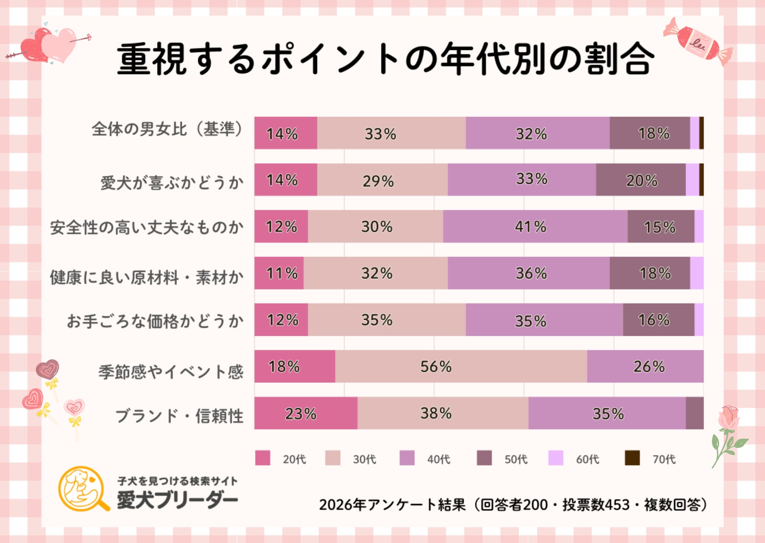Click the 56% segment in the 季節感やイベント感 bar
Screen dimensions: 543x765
461,367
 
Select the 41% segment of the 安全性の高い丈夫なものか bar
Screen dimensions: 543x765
535,226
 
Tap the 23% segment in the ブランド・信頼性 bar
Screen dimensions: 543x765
305,413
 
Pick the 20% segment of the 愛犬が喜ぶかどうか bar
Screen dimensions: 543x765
641,180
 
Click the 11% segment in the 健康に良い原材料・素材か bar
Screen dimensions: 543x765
279,273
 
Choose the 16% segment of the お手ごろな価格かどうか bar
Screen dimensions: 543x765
658,320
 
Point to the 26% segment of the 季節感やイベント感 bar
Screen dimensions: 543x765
645,367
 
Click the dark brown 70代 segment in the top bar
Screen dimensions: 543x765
702,133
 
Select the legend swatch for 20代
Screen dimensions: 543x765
263,458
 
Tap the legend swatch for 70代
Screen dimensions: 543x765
632,458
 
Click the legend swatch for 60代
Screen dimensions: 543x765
556,458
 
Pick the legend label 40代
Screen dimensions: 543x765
439,459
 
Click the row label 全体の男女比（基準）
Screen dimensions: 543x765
167,129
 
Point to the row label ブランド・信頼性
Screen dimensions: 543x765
179,416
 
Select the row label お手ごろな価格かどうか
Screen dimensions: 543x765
155,321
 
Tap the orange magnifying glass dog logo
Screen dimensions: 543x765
83,488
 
